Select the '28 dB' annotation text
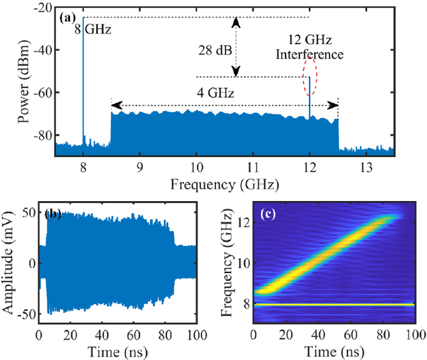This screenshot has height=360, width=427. click(x=211, y=49)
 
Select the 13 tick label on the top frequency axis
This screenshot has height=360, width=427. click(x=366, y=166)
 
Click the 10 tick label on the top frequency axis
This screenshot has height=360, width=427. click(x=196, y=166)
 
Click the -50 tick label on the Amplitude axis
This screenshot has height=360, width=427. click(x=27, y=315)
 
